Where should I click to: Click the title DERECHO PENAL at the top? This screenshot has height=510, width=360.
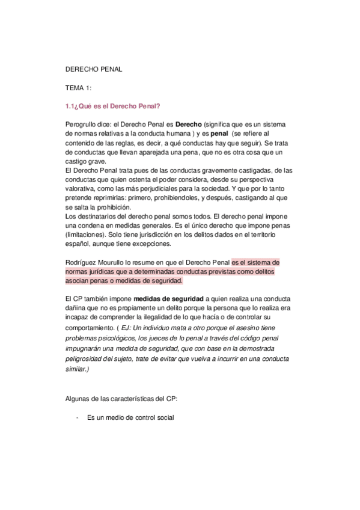(93, 70)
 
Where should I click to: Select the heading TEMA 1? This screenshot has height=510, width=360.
(78, 88)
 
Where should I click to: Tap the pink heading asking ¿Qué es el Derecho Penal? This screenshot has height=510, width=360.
(112, 106)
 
